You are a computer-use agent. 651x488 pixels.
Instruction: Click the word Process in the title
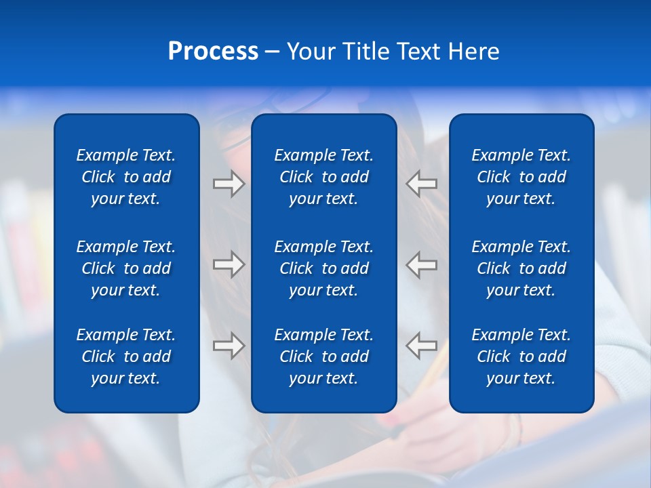click(213, 52)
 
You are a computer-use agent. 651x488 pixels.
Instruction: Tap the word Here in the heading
click(474, 52)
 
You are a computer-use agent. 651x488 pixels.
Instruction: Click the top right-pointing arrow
click(229, 184)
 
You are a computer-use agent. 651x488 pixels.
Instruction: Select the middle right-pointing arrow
click(229, 264)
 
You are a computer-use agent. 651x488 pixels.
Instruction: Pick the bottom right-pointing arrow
click(229, 346)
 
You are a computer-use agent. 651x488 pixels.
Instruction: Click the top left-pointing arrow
click(422, 184)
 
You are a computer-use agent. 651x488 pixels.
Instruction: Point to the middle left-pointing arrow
click(422, 264)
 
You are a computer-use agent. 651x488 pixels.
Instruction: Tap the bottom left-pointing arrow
click(422, 346)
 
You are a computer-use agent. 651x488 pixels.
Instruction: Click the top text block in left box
click(126, 177)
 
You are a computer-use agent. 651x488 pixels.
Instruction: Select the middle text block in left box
click(126, 268)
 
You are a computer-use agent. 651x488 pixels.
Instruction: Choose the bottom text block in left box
click(126, 357)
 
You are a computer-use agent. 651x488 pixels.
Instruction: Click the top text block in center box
click(323, 177)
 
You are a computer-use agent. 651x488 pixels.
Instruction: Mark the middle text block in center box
click(323, 268)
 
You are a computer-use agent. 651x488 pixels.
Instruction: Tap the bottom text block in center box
click(323, 357)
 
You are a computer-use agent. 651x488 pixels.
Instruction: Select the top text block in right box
click(521, 177)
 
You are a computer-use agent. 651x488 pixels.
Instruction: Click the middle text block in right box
click(521, 268)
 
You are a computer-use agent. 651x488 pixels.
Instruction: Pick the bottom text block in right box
click(521, 357)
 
